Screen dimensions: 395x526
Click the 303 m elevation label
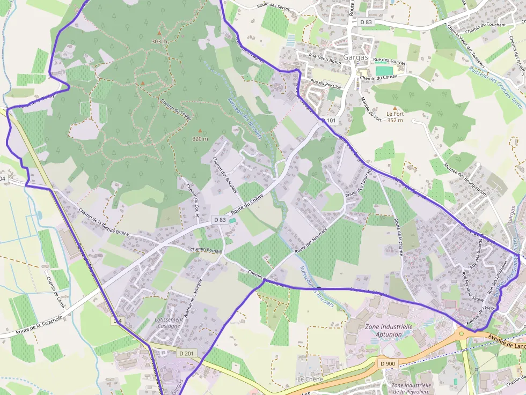point(159,41)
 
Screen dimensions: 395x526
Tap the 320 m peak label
point(200,139)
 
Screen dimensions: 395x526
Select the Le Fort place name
point(394,114)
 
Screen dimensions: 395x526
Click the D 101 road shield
point(330,121)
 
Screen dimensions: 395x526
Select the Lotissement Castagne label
point(168,322)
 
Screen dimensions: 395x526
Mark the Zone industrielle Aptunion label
point(389,330)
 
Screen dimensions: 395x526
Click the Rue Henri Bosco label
point(325,55)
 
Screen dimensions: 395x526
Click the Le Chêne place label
point(310,379)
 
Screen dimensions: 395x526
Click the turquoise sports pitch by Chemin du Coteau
point(384,70)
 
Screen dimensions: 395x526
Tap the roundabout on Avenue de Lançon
point(461,333)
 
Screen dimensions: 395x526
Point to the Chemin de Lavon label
point(55,291)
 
